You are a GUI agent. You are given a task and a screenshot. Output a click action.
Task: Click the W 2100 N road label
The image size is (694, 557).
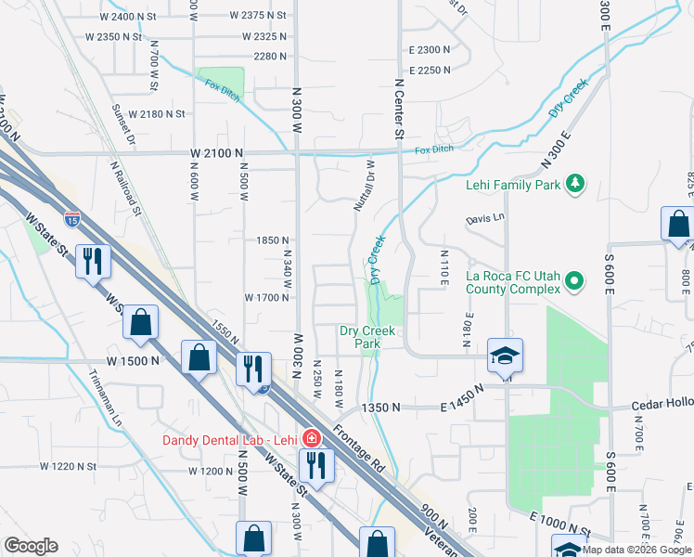[217, 152]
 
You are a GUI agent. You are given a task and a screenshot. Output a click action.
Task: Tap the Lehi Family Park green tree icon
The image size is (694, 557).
[575, 184]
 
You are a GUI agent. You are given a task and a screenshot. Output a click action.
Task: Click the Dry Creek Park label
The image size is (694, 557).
[367, 337]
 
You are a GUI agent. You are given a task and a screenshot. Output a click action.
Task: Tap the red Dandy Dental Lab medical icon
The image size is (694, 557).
[312, 437]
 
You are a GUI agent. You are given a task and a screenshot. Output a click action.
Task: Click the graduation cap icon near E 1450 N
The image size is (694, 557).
[506, 356]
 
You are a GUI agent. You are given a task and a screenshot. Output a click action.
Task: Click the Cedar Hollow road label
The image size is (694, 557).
[662, 406]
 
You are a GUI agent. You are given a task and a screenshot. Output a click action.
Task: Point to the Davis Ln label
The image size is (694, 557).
[484, 218]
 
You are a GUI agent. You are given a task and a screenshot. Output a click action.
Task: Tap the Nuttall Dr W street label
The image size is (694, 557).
[363, 184]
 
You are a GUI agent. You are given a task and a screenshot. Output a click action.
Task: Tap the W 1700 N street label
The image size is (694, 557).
[268, 298]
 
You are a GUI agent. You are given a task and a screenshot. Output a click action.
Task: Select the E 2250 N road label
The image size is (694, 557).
[429, 70]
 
